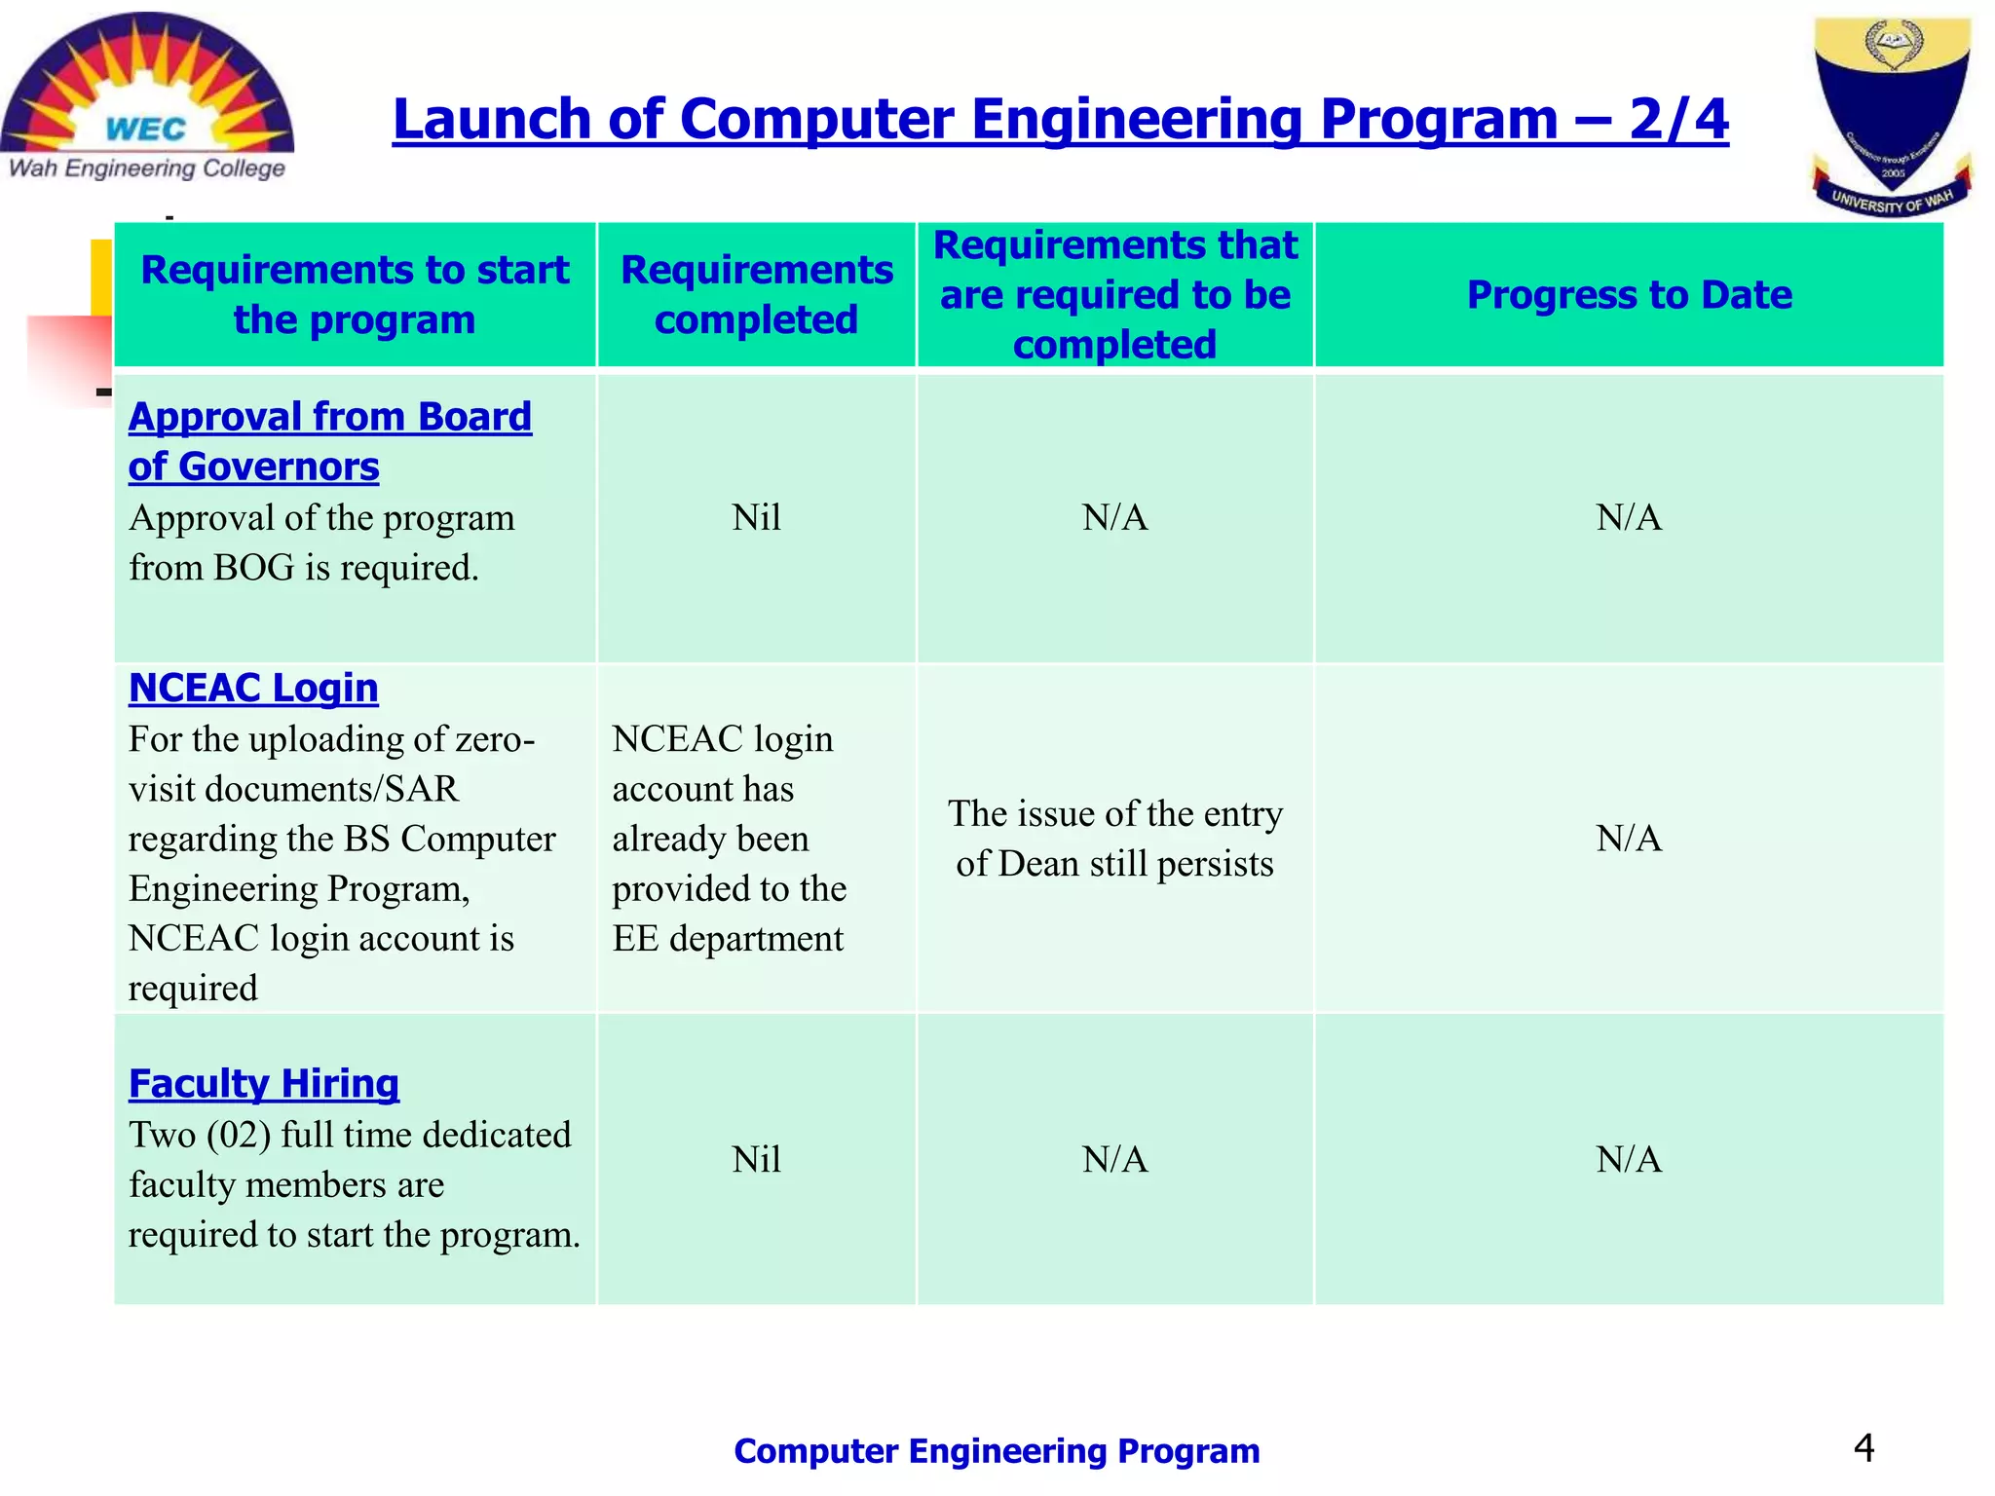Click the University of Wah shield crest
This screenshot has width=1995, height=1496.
coord(1890,115)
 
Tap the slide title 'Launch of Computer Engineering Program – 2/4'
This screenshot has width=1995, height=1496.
coord(1060,120)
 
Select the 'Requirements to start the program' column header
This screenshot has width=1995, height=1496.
coord(355,294)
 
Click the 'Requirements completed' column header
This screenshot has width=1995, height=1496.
coord(756,294)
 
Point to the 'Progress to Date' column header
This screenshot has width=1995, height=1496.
coord(1629,294)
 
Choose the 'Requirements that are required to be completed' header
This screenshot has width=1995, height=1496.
coord(1114,294)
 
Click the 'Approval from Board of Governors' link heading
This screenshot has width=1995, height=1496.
coord(329,441)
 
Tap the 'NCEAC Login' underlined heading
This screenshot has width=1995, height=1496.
coord(253,688)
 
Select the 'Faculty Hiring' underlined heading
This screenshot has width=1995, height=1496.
coord(264,1083)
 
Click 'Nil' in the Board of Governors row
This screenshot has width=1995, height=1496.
coord(756,517)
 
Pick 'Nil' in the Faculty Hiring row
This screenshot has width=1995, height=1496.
coord(756,1159)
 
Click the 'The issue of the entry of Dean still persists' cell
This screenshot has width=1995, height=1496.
coord(1114,839)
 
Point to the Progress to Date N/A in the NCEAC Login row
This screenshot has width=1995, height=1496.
coord(1629,839)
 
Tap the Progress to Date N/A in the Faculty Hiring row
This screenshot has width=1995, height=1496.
coord(1629,1159)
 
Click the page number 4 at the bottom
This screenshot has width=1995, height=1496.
coord(1863,1448)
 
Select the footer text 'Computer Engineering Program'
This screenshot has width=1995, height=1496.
coord(997,1451)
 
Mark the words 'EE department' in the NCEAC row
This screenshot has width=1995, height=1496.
coord(728,939)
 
